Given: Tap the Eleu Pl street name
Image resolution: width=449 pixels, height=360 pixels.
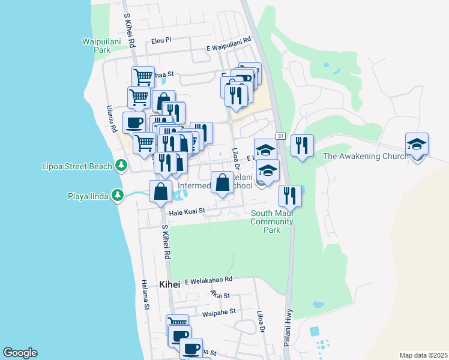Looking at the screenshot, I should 161,40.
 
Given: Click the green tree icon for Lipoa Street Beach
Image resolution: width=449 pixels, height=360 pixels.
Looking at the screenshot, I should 121,164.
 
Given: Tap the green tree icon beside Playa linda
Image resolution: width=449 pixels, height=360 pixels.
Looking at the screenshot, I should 118,195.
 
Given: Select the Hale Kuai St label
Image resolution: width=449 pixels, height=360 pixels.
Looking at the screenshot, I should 187,211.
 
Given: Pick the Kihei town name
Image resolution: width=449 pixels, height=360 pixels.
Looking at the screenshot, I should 170,284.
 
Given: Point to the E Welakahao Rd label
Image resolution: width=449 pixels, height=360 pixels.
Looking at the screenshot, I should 208,280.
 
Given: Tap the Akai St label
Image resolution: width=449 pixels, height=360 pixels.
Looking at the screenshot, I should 220,295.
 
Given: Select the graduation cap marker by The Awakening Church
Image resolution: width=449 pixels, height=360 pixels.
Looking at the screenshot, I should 417,145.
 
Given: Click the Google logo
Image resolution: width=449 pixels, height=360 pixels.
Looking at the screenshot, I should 20,353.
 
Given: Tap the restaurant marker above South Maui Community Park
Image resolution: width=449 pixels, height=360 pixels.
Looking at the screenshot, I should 290,195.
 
